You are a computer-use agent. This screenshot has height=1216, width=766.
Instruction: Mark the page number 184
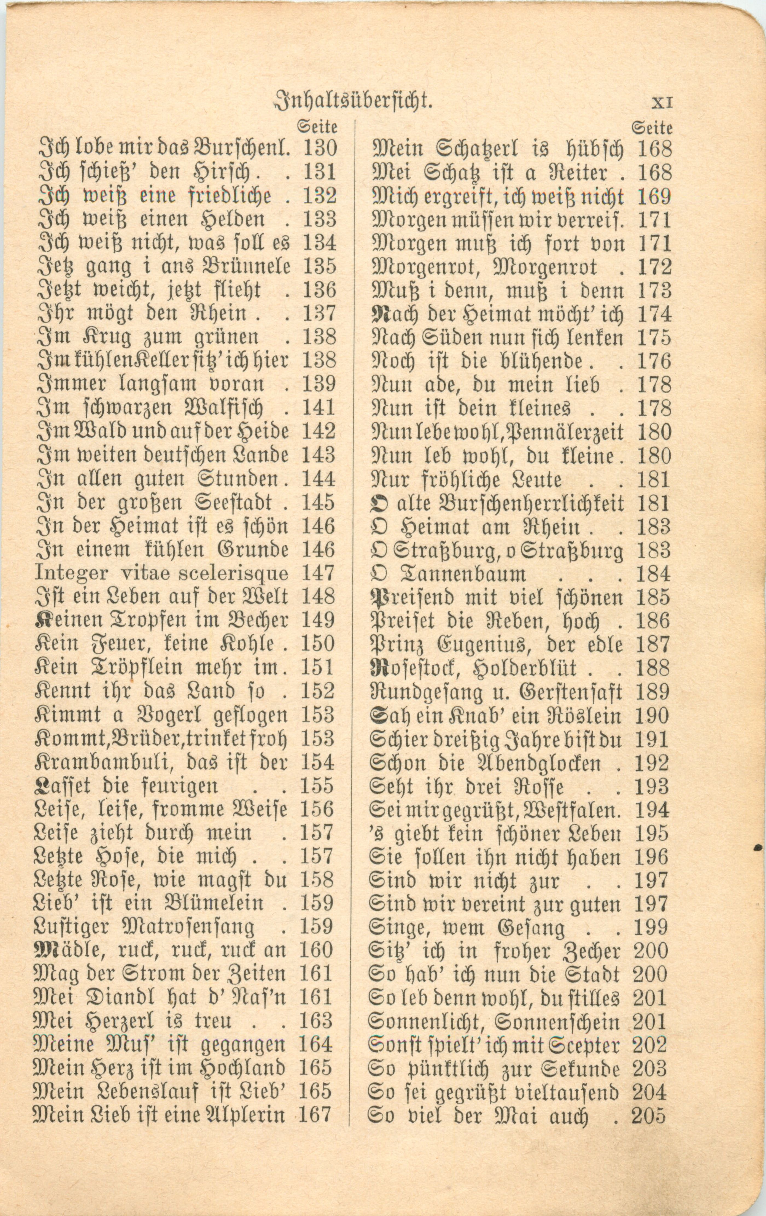pyautogui.click(x=654, y=574)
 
